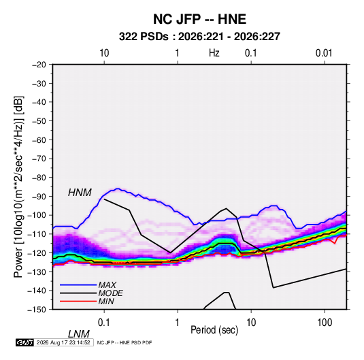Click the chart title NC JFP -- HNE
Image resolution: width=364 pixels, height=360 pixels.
click(x=199, y=19)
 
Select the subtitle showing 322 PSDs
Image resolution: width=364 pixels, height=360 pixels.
click(x=199, y=37)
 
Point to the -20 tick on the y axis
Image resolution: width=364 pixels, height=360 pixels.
click(x=39, y=65)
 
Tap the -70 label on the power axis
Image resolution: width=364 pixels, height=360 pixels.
click(x=39, y=159)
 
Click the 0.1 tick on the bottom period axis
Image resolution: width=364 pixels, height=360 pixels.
click(x=104, y=323)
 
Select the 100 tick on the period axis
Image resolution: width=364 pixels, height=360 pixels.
click(x=325, y=323)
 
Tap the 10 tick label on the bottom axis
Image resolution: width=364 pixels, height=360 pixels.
click(x=251, y=323)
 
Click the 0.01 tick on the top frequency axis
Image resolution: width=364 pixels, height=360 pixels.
click(x=324, y=53)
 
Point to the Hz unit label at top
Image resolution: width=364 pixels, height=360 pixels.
click(x=214, y=53)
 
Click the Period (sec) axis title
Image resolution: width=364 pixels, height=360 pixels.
click(x=214, y=330)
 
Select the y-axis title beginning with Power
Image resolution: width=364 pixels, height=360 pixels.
click(x=18, y=186)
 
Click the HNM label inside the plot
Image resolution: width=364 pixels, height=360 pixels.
click(x=80, y=193)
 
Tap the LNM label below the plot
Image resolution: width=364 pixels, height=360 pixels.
click(x=79, y=334)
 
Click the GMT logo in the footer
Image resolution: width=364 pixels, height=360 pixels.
click(x=24, y=342)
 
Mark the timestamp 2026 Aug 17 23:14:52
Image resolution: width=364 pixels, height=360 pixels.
click(x=63, y=342)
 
